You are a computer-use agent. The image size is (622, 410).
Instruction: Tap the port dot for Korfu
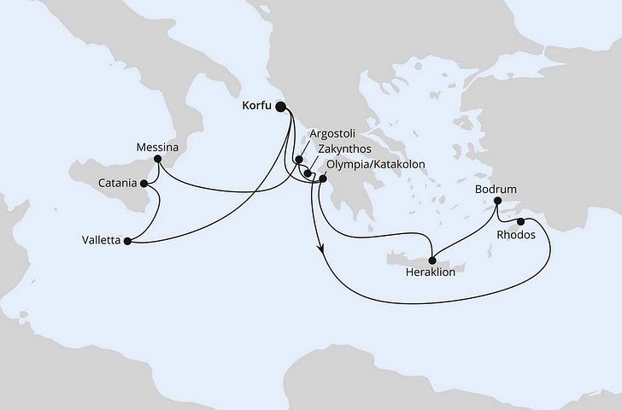coord(283,108)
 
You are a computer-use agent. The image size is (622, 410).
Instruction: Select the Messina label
coord(156,148)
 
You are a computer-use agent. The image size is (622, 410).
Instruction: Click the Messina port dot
coord(158,160)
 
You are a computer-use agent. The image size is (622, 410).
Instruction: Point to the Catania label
coord(119,182)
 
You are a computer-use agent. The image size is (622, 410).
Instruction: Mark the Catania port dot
coord(145,182)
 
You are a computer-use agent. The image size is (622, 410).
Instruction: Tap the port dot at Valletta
coord(128,242)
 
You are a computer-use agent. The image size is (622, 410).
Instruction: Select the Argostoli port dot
coord(299,158)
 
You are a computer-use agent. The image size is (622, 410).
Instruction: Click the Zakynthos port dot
coord(308,173)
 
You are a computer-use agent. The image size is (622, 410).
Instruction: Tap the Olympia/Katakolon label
coord(375,164)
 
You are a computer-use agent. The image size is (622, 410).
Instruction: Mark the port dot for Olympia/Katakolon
coord(322,178)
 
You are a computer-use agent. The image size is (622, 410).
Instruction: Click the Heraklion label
coord(431,274)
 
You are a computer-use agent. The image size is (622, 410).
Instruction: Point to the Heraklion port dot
coord(432,261)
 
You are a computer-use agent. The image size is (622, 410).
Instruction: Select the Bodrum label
coord(496,190)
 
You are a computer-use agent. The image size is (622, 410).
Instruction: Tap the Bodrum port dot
coord(496,202)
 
